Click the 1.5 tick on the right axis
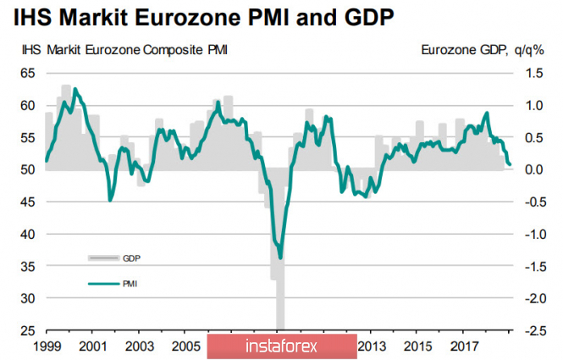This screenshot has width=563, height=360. [533, 74]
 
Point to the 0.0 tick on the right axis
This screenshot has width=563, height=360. [533, 170]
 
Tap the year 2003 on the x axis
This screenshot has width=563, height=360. [139, 347]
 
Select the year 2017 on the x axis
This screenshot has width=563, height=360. [465, 347]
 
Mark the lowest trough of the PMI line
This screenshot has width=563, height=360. [280, 258]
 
